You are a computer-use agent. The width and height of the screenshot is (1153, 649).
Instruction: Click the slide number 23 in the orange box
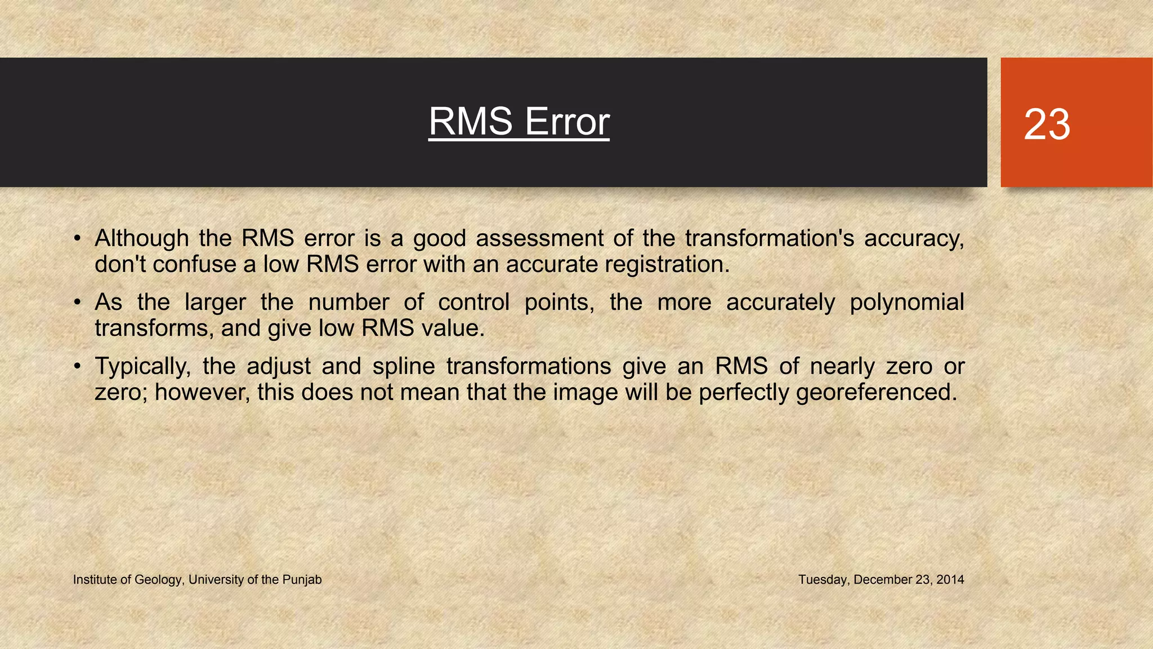click(x=1047, y=125)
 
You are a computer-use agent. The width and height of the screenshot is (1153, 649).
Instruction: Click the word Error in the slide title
click(x=566, y=122)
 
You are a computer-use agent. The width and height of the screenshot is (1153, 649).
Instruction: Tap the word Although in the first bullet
click(x=141, y=238)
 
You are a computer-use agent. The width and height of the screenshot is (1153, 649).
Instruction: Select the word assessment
click(x=539, y=238)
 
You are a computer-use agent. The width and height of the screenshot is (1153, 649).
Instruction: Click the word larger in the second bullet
click(x=215, y=303)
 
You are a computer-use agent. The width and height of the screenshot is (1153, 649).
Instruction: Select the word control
click(x=473, y=303)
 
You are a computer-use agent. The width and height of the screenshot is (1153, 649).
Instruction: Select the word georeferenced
click(x=876, y=393)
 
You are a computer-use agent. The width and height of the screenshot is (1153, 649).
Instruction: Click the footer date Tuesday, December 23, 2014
click(x=881, y=580)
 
